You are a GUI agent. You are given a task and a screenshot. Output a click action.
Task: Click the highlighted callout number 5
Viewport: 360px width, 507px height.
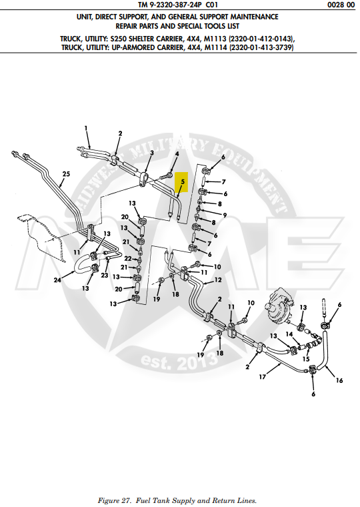183,181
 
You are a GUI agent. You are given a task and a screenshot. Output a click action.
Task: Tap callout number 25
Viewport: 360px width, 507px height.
66,174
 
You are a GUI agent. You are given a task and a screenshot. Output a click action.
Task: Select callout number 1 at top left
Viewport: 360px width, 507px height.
86,128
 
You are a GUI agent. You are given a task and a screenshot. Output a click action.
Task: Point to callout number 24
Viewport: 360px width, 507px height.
57,280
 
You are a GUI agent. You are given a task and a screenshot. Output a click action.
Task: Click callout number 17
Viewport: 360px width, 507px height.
262,377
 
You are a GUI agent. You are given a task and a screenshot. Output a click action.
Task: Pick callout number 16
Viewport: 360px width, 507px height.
339,380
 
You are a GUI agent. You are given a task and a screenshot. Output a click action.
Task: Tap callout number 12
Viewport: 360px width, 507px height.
218,280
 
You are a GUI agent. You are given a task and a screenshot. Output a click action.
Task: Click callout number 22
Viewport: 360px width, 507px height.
128,259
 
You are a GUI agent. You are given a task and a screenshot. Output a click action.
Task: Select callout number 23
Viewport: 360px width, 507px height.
105,275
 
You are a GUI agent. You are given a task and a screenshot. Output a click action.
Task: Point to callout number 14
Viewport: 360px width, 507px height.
289,334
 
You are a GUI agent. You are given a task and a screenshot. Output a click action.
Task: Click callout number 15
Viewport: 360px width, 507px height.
306,359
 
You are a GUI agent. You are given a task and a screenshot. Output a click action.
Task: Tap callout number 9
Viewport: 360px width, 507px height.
225,215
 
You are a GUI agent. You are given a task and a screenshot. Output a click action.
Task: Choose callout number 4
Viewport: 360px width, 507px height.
177,154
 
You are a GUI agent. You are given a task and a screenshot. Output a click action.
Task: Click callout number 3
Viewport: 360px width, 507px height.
151,152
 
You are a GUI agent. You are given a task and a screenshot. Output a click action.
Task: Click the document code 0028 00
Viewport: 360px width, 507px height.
341,5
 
